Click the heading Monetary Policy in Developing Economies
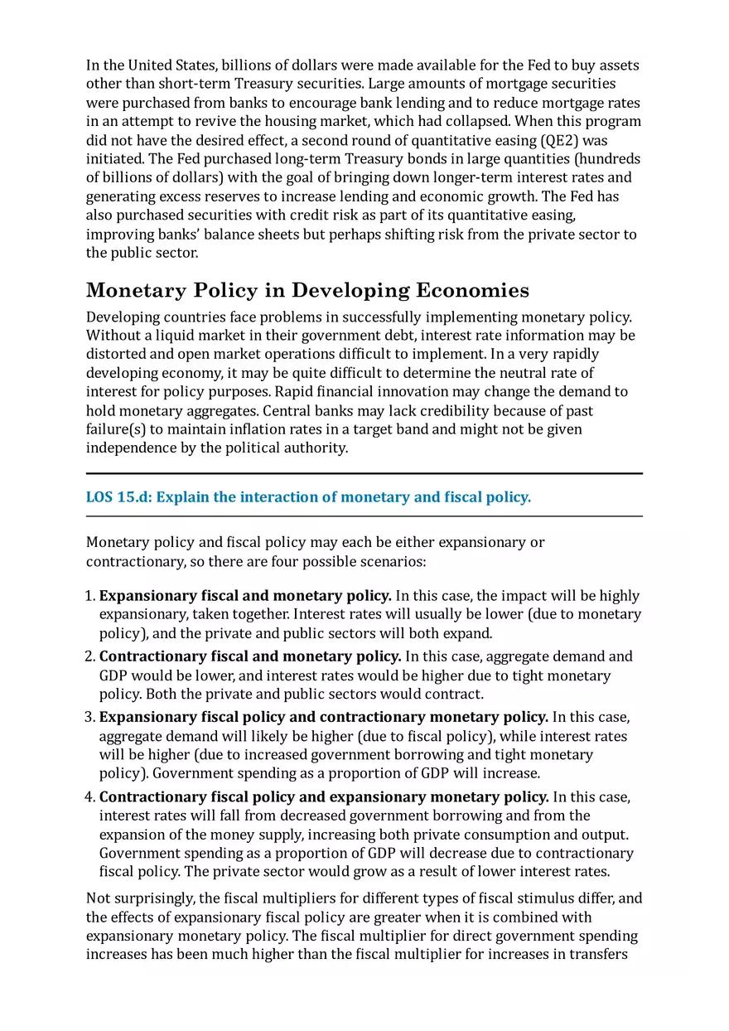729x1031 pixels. pyautogui.click(x=307, y=290)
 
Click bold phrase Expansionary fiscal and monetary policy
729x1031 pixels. pyautogui.click(x=245, y=596)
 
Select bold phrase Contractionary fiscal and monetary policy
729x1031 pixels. pyautogui.click(x=250, y=656)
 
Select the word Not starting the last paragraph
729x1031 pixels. pyautogui.click(x=98, y=898)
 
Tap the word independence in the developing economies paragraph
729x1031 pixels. pyautogui.click(x=129, y=448)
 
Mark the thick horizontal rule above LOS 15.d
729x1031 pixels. pyautogui.click(x=364, y=473)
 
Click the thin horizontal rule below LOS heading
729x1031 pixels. pyautogui.click(x=364, y=516)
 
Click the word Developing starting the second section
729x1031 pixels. pyautogui.click(x=121, y=317)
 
